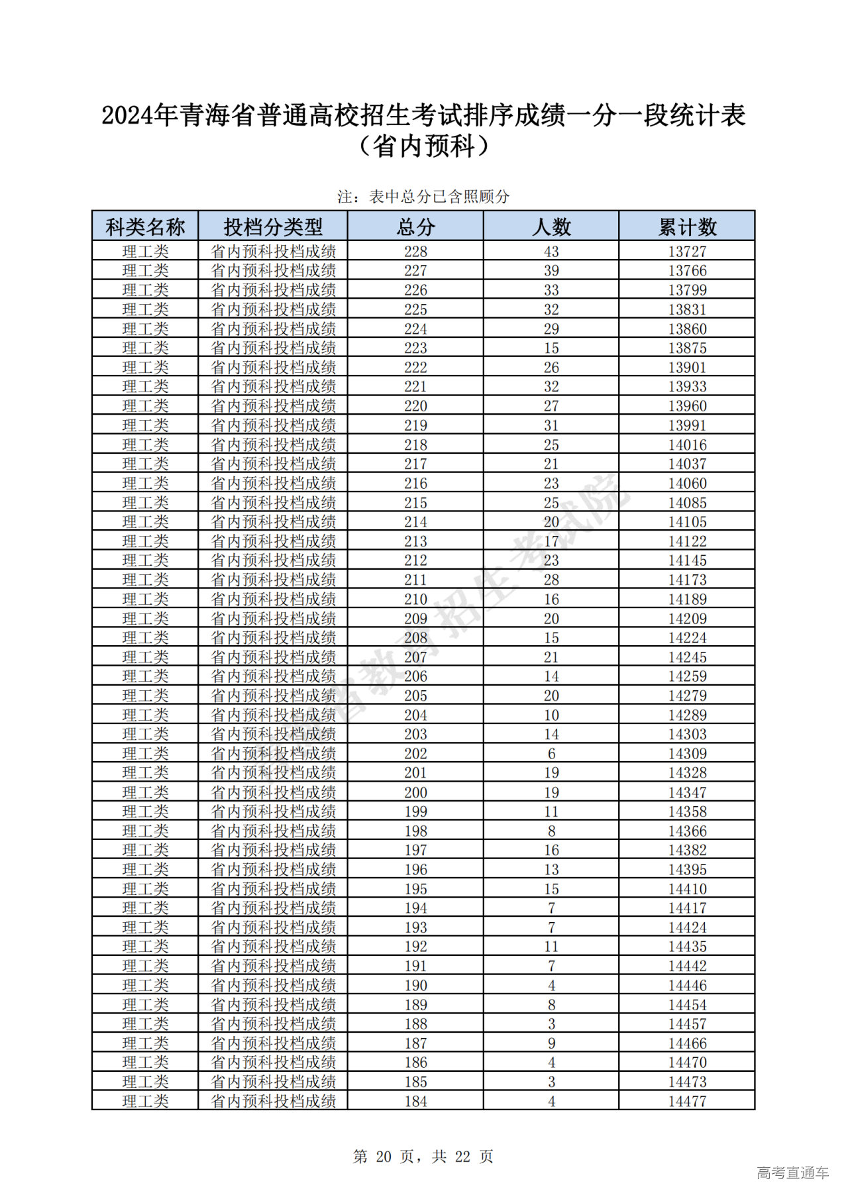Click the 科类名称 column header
click(145, 227)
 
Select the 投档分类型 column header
click(273, 227)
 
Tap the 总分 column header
click(415, 227)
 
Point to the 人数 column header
click(551, 227)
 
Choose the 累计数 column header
click(687, 227)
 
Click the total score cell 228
click(415, 252)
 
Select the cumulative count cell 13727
click(687, 252)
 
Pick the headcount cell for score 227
click(551, 271)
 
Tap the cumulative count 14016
click(687, 444)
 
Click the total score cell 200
click(415, 792)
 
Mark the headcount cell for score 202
click(551, 754)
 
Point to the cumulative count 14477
click(687, 1101)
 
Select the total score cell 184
click(415, 1101)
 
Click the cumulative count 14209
click(687, 619)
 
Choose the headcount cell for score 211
click(551, 580)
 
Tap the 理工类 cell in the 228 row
click(145, 252)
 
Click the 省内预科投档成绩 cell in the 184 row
click(273, 1101)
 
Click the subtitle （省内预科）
click(423, 146)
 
